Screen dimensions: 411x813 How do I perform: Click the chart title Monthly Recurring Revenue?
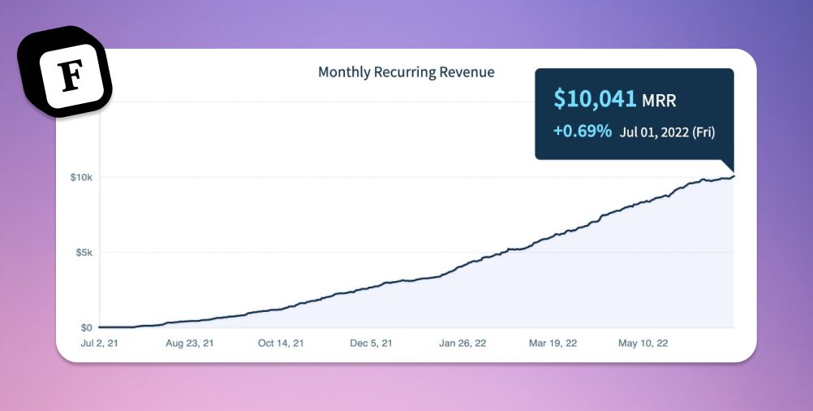click(x=406, y=72)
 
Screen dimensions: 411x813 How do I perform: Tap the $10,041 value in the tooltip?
click(x=596, y=100)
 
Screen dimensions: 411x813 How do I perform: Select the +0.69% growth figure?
click(x=582, y=131)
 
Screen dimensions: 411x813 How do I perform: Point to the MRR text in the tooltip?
click(x=659, y=102)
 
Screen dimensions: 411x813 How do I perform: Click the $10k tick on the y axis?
click(x=81, y=177)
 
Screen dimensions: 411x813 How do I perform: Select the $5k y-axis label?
click(x=83, y=253)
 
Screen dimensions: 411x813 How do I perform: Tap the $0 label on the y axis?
click(x=85, y=327)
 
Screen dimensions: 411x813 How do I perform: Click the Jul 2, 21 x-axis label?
click(x=99, y=344)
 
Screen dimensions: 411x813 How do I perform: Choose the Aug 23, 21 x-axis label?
click(x=190, y=344)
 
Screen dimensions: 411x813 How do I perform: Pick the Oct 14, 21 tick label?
click(x=281, y=344)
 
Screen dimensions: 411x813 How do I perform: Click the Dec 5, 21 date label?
click(x=372, y=344)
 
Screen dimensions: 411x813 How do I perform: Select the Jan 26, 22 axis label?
click(x=462, y=344)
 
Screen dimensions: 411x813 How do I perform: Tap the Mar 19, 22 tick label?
click(x=553, y=344)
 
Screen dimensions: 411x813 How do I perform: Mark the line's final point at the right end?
click(x=733, y=176)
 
